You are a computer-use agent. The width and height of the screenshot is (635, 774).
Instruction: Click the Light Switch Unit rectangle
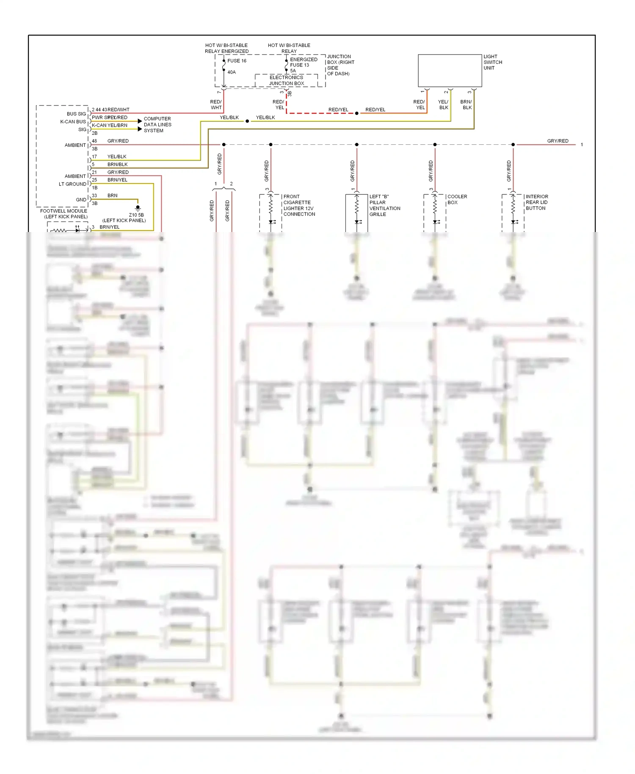click(x=450, y=70)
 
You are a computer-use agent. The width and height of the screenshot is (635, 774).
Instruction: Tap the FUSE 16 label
click(x=237, y=61)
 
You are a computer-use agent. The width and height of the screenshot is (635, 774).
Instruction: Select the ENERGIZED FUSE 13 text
click(x=303, y=62)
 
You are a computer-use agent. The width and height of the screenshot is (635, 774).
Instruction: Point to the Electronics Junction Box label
click(x=287, y=80)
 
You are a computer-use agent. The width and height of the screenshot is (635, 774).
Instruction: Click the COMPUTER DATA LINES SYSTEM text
click(x=157, y=125)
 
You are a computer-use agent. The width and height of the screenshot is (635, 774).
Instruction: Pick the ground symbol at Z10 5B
click(x=138, y=207)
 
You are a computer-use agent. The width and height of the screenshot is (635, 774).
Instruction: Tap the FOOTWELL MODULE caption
click(x=64, y=214)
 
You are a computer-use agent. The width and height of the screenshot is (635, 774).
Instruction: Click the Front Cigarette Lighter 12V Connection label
click(x=299, y=205)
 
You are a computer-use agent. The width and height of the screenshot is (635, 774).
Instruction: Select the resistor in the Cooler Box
click(x=435, y=206)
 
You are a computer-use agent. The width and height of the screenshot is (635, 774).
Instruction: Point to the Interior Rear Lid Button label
click(x=536, y=202)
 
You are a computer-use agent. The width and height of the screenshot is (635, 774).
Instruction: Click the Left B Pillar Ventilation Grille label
click(x=384, y=205)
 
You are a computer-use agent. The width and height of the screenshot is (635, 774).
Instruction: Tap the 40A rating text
click(x=232, y=72)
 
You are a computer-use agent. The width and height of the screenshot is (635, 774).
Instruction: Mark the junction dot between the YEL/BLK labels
click(x=247, y=121)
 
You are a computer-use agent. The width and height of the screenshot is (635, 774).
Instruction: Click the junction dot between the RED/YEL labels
click(x=357, y=113)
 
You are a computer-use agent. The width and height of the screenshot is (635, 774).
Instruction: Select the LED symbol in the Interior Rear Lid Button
click(x=514, y=222)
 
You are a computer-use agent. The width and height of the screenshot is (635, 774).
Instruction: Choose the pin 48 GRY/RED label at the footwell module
click(x=118, y=141)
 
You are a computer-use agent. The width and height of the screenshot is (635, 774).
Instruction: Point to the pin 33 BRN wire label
click(x=112, y=196)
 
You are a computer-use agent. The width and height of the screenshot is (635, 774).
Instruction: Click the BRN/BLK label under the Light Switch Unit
click(x=466, y=105)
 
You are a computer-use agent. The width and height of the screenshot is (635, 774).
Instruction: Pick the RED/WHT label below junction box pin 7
click(x=216, y=105)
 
